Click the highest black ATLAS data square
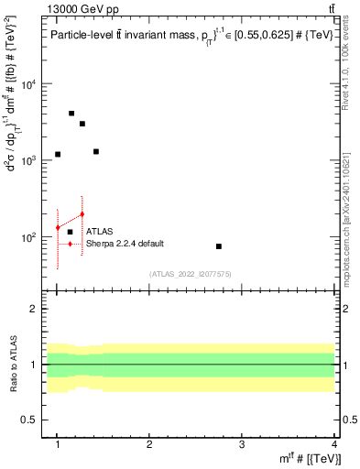coord(71,114)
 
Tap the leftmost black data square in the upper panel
coord(58,154)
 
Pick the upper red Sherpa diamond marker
coord(82,214)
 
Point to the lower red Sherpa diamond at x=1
coord(58,227)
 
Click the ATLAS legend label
coord(99,232)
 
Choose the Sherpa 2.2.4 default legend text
coord(125,244)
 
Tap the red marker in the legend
coord(70,244)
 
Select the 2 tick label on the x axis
coord(149,444)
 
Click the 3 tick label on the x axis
coord(241,444)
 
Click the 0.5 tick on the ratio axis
coord(29,420)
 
